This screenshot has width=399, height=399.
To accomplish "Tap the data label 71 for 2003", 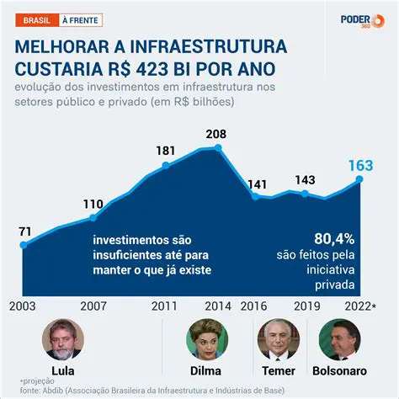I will [x=24, y=231].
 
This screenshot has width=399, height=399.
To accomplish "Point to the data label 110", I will [x=93, y=203].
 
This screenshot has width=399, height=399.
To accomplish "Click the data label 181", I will [x=165, y=151].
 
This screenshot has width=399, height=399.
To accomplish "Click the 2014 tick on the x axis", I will [x=217, y=307].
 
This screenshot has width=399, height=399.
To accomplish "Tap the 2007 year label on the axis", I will [x=93, y=307].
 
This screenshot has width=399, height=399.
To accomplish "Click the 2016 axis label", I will [x=255, y=307].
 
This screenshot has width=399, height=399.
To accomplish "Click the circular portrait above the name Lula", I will [x=63, y=339].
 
